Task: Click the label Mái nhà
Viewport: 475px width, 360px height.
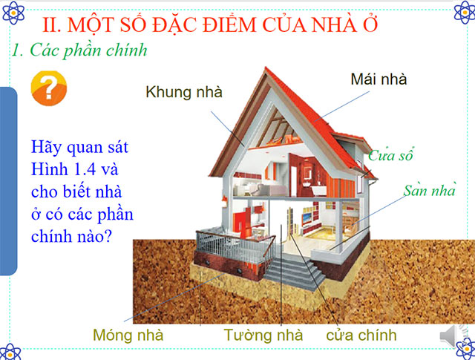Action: click(x=379, y=79)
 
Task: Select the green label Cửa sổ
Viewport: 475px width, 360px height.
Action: click(x=390, y=156)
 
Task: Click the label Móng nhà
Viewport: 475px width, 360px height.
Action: click(x=128, y=335)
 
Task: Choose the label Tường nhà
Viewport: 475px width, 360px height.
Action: click(x=263, y=335)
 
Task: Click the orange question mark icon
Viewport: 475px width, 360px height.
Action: click(x=47, y=89)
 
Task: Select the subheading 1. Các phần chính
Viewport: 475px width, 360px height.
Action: click(x=79, y=50)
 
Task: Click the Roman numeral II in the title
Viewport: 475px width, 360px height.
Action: click(x=53, y=24)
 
